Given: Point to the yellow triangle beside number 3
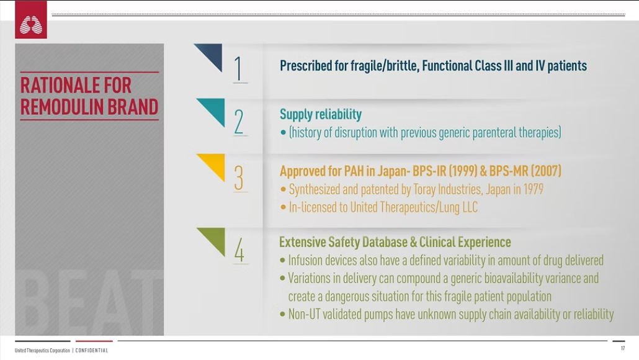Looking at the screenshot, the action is point(213,166).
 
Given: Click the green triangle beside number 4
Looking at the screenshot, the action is point(213,240).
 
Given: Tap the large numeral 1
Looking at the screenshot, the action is point(238,68).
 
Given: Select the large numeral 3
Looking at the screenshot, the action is point(239,178).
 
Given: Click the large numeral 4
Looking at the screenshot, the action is point(239,250).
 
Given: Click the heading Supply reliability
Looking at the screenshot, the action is point(320,115).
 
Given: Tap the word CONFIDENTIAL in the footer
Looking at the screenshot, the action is point(92,350).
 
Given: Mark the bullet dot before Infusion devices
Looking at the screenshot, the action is point(282,260).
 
